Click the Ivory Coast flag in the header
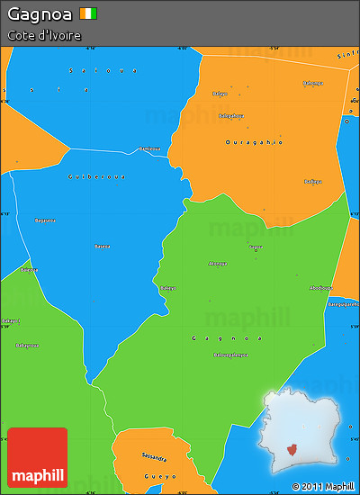87,14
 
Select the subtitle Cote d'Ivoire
44,35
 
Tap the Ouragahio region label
254,142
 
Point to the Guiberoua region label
95,176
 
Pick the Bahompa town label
312,84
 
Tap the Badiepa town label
312,181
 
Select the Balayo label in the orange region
219,94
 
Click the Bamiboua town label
149,148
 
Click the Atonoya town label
218,264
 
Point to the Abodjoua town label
320,288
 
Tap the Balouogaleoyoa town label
229,355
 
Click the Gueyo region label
161,475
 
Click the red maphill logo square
37,457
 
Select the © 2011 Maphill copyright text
323,486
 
